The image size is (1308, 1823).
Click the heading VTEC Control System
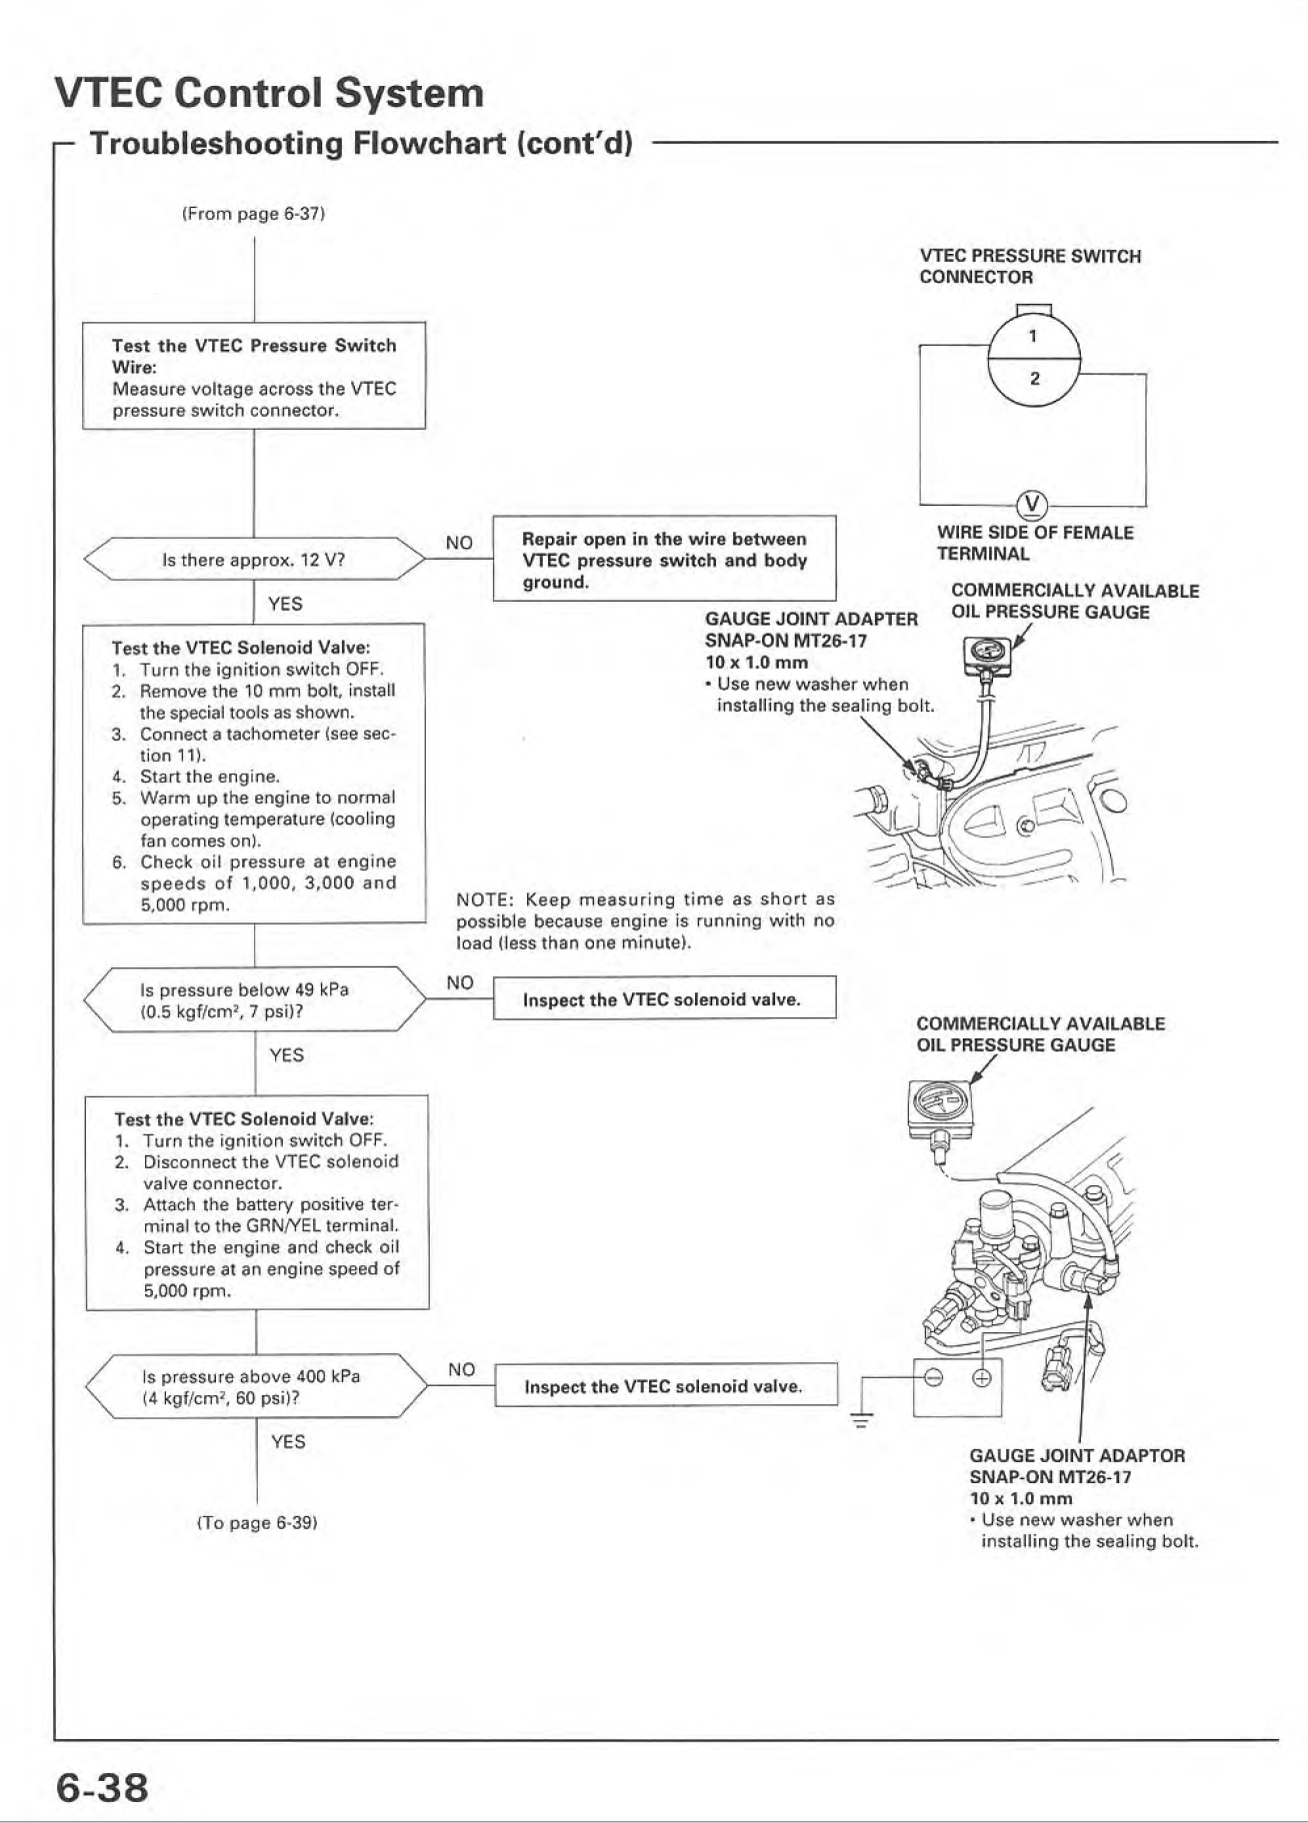(x=269, y=93)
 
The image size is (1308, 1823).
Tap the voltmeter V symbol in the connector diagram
(x=1032, y=504)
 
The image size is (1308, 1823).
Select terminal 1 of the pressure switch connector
(x=1033, y=336)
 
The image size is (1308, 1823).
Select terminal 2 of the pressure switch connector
(x=1034, y=379)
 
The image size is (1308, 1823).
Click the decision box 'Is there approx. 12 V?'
(x=254, y=559)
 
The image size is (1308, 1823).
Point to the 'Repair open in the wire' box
(x=664, y=559)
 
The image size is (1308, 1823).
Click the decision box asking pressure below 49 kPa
(x=255, y=999)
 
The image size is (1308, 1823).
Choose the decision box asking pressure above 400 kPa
(x=257, y=1386)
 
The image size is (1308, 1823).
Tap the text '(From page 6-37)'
(x=254, y=213)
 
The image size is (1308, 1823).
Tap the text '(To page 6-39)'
(x=257, y=1522)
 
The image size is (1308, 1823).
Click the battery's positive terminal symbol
(x=982, y=1378)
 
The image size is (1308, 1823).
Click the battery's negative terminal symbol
(x=933, y=1378)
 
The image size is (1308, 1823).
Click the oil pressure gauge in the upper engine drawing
(x=987, y=655)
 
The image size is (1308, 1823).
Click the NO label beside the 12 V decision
(x=459, y=543)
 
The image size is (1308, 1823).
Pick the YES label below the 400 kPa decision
(x=288, y=1441)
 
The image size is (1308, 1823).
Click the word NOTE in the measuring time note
(x=483, y=900)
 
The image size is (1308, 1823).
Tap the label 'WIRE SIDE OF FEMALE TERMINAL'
(x=1035, y=544)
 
